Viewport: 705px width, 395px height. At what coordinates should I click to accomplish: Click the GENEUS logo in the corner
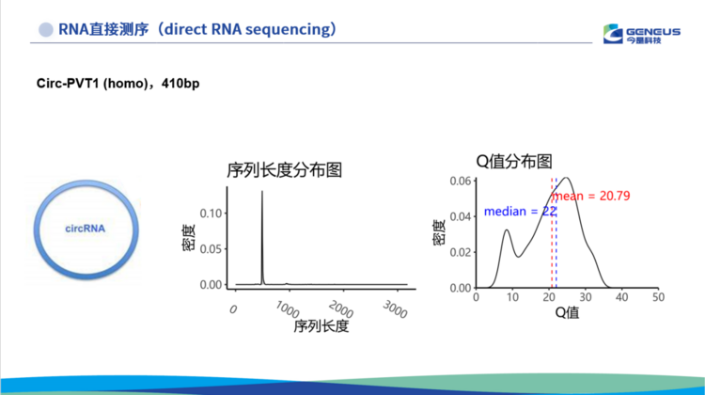click(x=642, y=34)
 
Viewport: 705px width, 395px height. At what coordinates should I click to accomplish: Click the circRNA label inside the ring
click(x=85, y=229)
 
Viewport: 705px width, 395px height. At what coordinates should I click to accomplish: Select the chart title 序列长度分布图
click(x=284, y=170)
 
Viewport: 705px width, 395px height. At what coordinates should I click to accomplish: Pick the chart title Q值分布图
click(x=514, y=161)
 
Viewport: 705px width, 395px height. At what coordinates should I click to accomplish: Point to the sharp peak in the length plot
click(x=262, y=192)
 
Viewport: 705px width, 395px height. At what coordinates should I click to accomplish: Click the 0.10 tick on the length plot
click(x=211, y=213)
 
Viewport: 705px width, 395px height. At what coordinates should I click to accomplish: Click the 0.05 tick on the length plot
click(x=211, y=249)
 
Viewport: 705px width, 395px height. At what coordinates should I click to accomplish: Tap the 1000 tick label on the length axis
click(x=288, y=309)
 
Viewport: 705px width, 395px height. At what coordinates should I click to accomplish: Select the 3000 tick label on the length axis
click(x=395, y=309)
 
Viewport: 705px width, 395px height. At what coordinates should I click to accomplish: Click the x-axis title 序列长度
click(x=321, y=326)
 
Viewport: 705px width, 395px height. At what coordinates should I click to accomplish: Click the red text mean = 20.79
click(x=591, y=197)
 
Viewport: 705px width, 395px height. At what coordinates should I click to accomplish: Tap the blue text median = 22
click(x=520, y=212)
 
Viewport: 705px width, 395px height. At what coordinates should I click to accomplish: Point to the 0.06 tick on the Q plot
click(x=461, y=181)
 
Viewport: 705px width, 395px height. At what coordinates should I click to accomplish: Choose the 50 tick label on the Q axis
click(x=658, y=297)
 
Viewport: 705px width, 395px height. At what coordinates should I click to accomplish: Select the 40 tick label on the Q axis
click(x=622, y=297)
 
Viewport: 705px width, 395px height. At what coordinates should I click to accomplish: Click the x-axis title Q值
click(x=567, y=312)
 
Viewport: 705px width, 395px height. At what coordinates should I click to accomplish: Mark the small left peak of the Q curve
click(x=507, y=230)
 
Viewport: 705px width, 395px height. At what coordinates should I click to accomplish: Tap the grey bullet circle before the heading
click(x=45, y=30)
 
